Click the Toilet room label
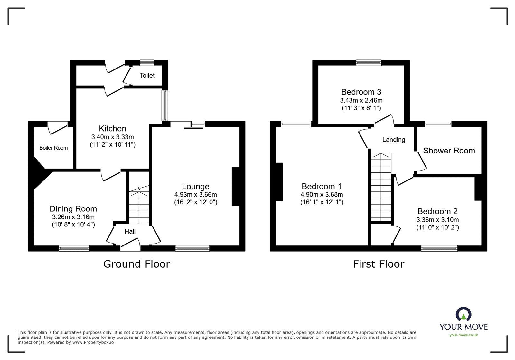click(147, 75)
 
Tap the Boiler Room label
click(53, 148)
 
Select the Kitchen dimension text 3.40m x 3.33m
click(112, 137)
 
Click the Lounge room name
click(195, 186)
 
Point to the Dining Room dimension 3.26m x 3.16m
click(73, 217)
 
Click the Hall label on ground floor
click(130, 231)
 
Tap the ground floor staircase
click(139, 206)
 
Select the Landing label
click(393, 140)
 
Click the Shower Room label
click(449, 151)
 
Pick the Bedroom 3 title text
click(361, 92)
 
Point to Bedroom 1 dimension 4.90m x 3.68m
click(322, 195)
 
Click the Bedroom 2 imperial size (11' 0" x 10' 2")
click(437, 227)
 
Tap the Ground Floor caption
click(136, 264)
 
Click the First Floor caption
click(379, 264)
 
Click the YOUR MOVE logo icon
click(464, 314)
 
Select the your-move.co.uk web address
click(464, 335)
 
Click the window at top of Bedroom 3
click(369, 63)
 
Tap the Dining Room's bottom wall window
click(74, 248)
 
